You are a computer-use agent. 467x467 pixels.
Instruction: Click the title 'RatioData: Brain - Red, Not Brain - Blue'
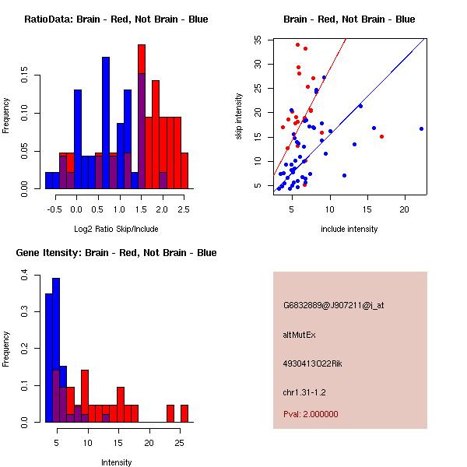(116, 19)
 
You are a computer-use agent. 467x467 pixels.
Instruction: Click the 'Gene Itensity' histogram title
(116, 252)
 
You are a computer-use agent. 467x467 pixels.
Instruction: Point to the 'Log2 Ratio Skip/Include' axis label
(117, 228)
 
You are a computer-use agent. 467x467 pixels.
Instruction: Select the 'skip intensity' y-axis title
(239, 117)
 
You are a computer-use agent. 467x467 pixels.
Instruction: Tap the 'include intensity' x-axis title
(349, 228)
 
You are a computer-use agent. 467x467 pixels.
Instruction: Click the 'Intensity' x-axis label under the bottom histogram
(117, 462)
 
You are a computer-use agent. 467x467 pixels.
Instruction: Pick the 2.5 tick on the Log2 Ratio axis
(183, 209)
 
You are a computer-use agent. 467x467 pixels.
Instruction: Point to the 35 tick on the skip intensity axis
(258, 39)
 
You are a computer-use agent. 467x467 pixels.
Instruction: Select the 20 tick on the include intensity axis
(405, 209)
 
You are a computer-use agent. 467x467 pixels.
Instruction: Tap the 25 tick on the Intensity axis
(179, 443)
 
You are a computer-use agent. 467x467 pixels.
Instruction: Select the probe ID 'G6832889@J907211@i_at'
(334, 305)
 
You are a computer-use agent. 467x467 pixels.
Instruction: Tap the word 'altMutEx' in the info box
(300, 335)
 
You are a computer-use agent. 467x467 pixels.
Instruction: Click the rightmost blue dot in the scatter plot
(421, 128)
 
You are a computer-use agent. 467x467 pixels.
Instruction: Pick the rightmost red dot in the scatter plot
(381, 136)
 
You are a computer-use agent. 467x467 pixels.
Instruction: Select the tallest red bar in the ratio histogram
(142, 117)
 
